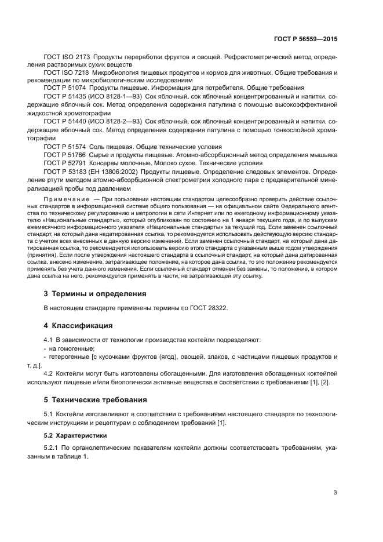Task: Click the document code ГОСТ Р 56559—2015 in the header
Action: (x=305, y=39)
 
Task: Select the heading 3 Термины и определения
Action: (x=95, y=294)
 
